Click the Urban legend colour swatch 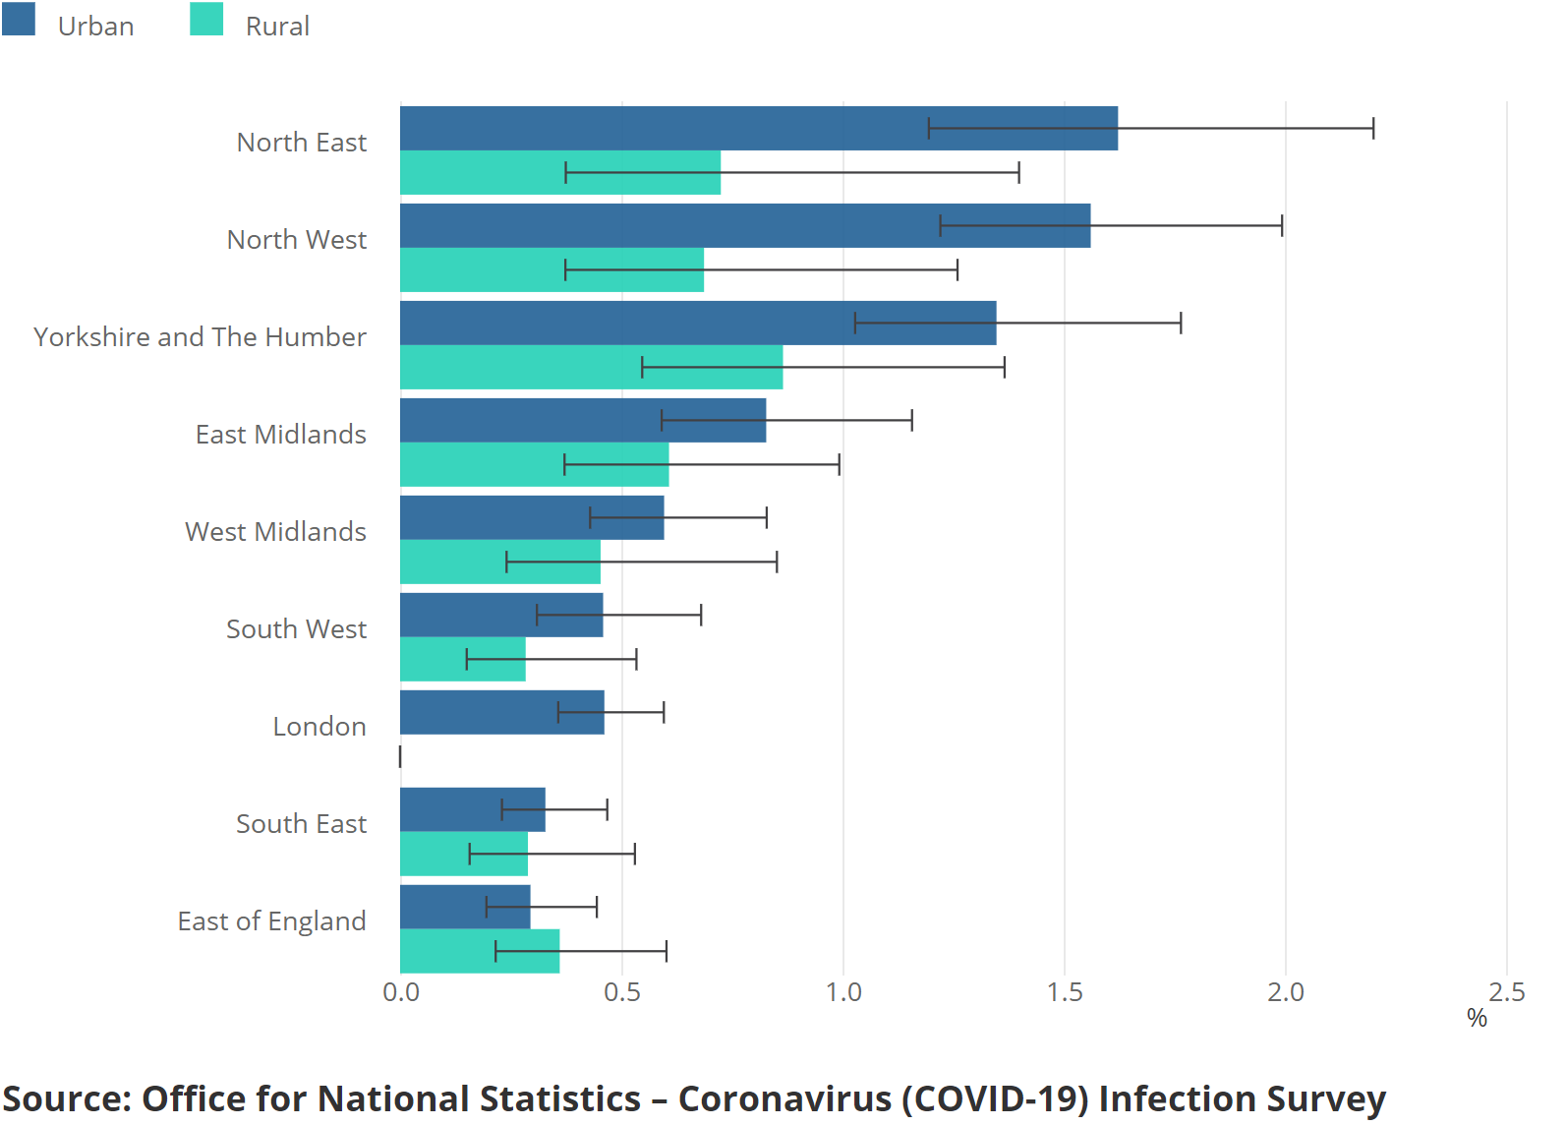(x=19, y=19)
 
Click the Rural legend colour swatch (x=206, y=19)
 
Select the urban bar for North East (x=758, y=128)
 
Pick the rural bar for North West (x=551, y=269)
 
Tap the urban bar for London (x=501, y=712)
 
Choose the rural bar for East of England (x=480, y=951)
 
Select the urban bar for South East (x=472, y=809)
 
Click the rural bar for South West (x=462, y=659)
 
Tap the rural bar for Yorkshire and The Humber (x=591, y=367)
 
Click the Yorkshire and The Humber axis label (x=200, y=337)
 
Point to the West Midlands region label (x=275, y=532)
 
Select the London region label (x=319, y=727)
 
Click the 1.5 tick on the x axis (x=1065, y=992)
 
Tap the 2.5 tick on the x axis (x=1507, y=992)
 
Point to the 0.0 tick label (x=401, y=992)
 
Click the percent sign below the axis (x=1477, y=1018)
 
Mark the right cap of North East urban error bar (x=1373, y=128)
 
